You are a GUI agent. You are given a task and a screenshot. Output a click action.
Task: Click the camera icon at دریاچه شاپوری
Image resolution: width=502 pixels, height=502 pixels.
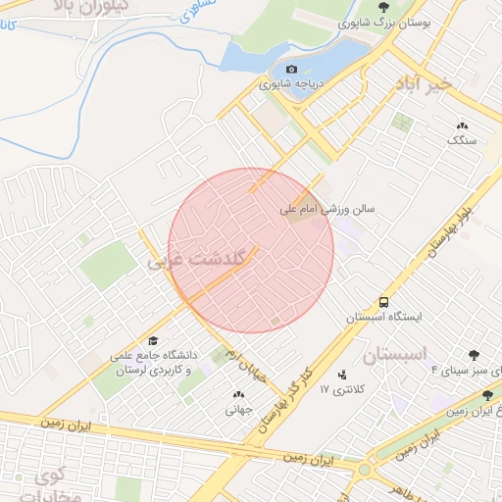pos(290,70)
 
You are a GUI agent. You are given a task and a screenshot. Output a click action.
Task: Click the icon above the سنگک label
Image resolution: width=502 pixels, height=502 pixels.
pos(462,125)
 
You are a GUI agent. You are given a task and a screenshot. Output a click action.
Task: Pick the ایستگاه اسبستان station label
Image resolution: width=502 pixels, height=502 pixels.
pos(383,318)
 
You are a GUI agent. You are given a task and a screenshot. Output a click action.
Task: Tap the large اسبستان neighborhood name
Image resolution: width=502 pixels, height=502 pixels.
pos(397,354)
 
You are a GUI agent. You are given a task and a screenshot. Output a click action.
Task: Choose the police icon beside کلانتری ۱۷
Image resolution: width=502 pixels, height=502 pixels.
pos(341,375)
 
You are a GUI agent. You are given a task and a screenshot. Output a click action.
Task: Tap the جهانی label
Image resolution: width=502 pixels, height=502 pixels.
pos(239,411)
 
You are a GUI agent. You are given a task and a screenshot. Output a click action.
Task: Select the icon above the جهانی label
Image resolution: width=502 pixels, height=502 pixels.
pos(239,394)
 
